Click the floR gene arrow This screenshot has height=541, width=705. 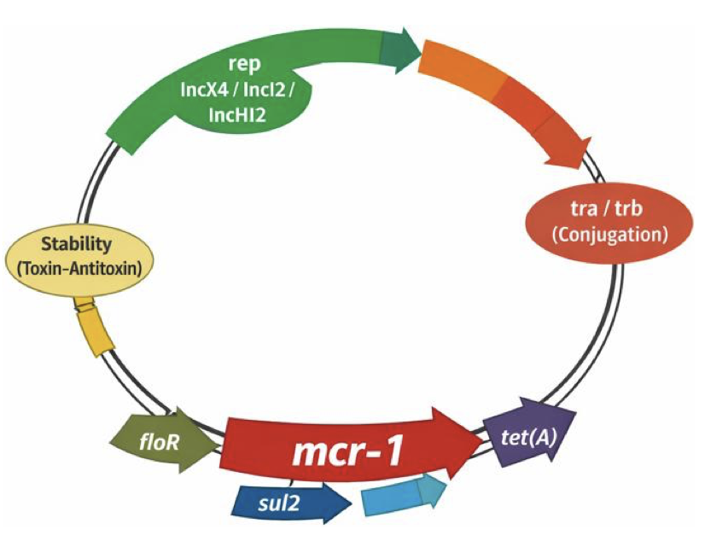164,441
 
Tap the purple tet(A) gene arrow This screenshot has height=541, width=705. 530,433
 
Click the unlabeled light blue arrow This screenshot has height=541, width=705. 404,497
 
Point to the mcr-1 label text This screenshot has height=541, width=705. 347,452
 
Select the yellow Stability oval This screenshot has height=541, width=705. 80,258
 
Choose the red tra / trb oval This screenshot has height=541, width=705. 607,222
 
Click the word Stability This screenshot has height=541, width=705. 77,244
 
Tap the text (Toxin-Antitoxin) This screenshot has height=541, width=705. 79,269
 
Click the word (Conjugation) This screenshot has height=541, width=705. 610,234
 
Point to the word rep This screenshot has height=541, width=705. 244,64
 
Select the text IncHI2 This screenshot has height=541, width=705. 237,116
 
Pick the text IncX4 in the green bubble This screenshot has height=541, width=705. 205,90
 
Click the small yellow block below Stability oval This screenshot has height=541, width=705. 95,327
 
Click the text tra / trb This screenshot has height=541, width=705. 607,208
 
